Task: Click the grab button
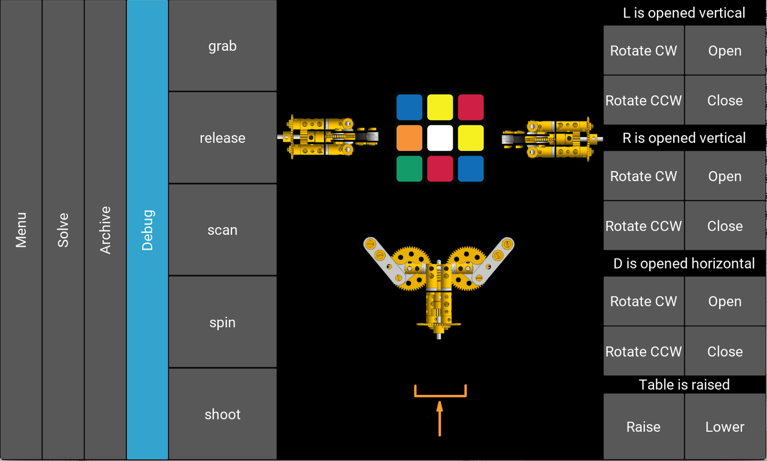pyautogui.click(x=223, y=45)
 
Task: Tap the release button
pyautogui.click(x=223, y=138)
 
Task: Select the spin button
pyautogui.click(x=223, y=322)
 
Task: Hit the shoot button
pyautogui.click(x=223, y=414)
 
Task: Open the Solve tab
pyautogui.click(x=63, y=230)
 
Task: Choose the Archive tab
pyautogui.click(x=105, y=230)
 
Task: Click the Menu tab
pyautogui.click(x=21, y=230)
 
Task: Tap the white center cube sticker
pyautogui.click(x=440, y=138)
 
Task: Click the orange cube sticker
pyautogui.click(x=409, y=138)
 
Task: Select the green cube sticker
pyautogui.click(x=409, y=168)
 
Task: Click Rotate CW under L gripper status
pyautogui.click(x=643, y=50)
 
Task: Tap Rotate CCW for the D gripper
pyautogui.click(x=643, y=351)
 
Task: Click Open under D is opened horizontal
pyautogui.click(x=725, y=301)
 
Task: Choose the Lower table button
pyautogui.click(x=725, y=426)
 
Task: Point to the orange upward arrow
pyautogui.click(x=439, y=418)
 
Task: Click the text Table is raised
pyautogui.click(x=684, y=384)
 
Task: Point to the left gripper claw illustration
pyautogui.click(x=328, y=137)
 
